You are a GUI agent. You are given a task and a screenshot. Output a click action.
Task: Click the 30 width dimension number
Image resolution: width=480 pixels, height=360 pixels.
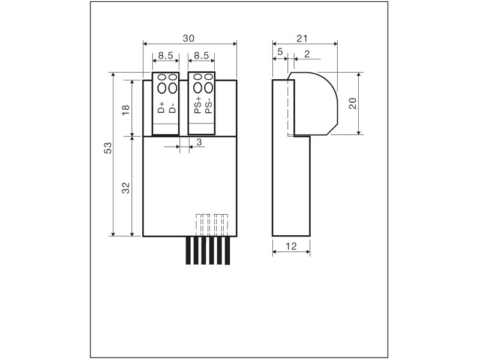click(x=188, y=38)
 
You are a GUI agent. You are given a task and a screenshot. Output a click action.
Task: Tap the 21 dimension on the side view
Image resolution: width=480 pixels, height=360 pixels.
click(x=302, y=38)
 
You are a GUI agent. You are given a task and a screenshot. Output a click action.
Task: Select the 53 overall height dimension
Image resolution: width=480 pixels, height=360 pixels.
click(x=108, y=148)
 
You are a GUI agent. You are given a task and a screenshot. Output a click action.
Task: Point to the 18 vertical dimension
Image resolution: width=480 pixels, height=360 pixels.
click(x=126, y=110)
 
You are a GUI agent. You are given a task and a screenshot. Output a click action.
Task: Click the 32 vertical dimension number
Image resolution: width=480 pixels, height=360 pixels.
click(x=126, y=188)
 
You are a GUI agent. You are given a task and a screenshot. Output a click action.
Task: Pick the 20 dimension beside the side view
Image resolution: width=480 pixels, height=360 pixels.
click(x=353, y=103)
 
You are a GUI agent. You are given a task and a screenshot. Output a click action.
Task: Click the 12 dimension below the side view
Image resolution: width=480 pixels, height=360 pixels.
click(x=291, y=246)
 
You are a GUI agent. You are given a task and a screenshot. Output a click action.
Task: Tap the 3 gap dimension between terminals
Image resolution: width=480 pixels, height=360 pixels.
click(x=199, y=142)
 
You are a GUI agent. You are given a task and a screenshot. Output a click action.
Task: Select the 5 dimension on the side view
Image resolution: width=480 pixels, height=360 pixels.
click(x=280, y=52)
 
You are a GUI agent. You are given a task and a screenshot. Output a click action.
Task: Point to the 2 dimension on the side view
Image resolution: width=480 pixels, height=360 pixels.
click(x=307, y=54)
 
